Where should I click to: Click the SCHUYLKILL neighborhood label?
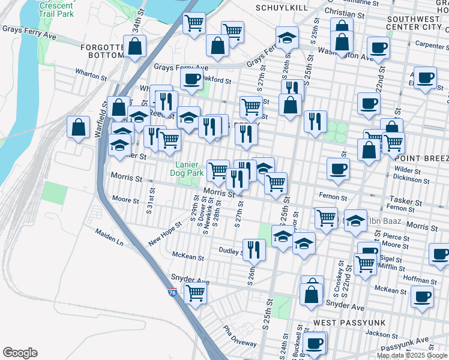[281, 8]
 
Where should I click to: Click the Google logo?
[20, 353]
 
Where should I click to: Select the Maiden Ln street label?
[109, 237]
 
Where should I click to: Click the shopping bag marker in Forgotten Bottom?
[135, 46]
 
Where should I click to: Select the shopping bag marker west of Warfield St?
[78, 127]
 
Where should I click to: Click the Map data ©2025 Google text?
[412, 355]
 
